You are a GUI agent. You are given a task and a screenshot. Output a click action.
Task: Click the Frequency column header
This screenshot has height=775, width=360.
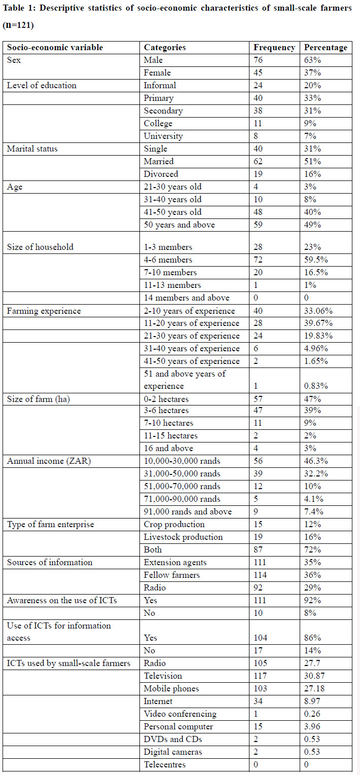pos(274,48)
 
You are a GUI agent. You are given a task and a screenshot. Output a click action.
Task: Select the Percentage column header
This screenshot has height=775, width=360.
pos(326,48)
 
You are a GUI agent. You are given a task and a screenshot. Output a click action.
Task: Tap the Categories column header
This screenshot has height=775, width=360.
pos(165,48)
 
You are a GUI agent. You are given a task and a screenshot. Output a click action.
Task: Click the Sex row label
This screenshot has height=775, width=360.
pos(14,60)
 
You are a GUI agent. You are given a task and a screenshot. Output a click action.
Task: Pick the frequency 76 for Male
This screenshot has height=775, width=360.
pos(258,60)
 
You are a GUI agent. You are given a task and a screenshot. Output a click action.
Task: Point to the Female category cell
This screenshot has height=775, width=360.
pos(157,72)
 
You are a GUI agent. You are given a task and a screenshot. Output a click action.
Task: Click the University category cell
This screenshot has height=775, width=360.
pos(163,136)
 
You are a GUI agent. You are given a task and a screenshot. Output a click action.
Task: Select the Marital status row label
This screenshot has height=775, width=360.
pos(32,149)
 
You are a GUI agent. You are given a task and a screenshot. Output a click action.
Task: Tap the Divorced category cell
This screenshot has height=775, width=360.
pos(161,174)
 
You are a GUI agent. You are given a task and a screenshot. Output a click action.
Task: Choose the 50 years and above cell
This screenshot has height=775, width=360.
pos(179,225)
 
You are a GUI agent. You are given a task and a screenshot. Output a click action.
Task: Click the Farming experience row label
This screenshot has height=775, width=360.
pos(44,311)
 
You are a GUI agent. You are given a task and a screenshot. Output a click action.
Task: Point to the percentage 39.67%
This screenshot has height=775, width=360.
pos(318,323)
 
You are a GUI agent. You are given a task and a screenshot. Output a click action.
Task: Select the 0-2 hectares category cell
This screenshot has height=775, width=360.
pos(166,399)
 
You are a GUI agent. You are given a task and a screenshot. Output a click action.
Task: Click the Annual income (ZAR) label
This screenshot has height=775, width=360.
pos(49,461)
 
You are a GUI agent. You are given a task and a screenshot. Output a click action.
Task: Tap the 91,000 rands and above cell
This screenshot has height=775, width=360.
pos(188,511)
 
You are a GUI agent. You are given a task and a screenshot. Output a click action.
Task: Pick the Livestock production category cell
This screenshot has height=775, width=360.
pos(183,537)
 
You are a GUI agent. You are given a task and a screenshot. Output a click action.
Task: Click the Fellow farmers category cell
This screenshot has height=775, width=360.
pos(172,575)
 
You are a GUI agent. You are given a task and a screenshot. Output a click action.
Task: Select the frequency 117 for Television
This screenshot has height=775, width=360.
pos(260,676)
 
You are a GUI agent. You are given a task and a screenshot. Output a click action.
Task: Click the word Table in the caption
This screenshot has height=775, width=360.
pos(13,8)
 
